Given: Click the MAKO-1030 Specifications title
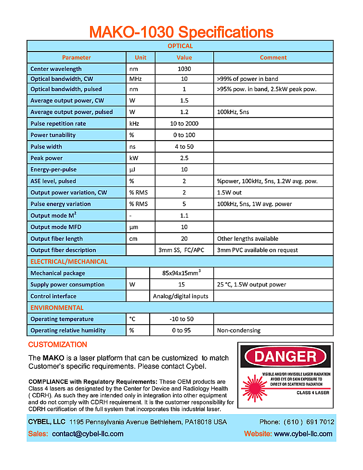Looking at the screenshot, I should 181,32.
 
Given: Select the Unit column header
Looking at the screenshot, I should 141,57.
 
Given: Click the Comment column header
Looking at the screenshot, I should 273,57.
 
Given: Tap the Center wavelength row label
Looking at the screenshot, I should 56,69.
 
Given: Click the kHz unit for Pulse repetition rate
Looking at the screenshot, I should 134,123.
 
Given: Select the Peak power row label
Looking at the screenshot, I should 46,158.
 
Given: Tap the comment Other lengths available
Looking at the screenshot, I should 247,238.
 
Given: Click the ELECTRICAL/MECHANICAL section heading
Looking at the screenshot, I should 69,261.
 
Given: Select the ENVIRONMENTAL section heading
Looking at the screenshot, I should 57,308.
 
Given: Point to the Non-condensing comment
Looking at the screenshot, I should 239,330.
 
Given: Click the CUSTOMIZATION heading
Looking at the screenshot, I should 58,345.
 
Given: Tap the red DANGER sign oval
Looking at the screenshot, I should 285,357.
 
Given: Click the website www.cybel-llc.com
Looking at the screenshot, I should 303,434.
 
